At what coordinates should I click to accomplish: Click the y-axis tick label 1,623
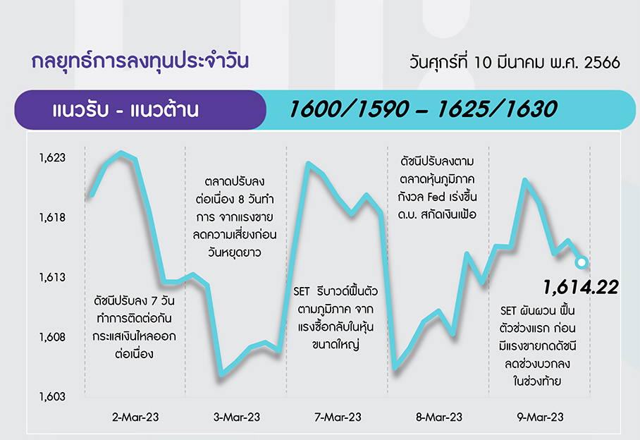pos(52,158)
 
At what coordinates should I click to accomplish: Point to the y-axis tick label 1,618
pos(52,218)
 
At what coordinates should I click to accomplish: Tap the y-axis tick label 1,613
pos(52,278)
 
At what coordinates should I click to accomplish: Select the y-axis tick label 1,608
pos(52,337)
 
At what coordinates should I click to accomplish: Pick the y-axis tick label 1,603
pos(52,397)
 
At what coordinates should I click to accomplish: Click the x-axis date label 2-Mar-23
pos(135,417)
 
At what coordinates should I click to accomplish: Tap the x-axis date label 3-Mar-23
pos(237,417)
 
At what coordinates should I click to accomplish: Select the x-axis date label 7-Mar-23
pos(338,417)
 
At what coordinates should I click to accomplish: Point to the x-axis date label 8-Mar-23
pos(439,417)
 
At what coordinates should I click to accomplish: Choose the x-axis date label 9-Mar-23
pos(541,417)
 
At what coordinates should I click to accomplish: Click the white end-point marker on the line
pos(581,262)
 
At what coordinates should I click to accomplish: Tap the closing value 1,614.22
pos(581,288)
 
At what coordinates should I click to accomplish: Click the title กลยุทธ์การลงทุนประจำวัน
pos(140,61)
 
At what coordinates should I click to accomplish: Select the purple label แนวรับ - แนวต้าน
pos(125,110)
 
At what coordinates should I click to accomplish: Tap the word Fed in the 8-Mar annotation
pos(436,197)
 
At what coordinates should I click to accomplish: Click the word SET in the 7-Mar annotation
pos(302,292)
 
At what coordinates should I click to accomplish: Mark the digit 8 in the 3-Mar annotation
pos(241,200)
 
